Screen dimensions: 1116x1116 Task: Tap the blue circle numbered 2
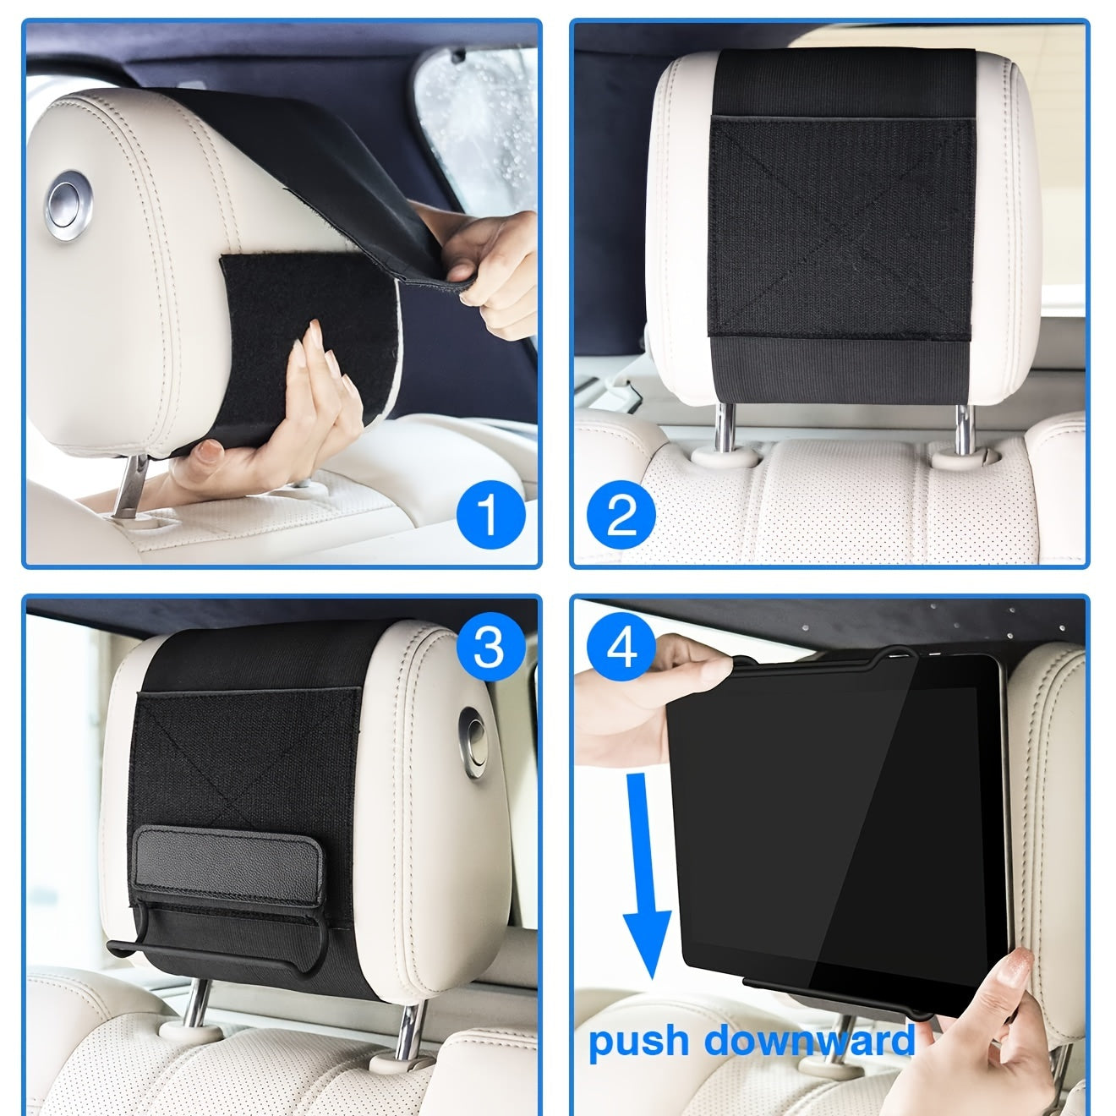[x=621, y=515]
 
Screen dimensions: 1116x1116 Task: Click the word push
[x=639, y=1042]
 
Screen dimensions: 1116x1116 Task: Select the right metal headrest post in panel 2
[x=962, y=428]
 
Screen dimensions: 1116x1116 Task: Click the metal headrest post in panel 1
[x=131, y=490]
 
